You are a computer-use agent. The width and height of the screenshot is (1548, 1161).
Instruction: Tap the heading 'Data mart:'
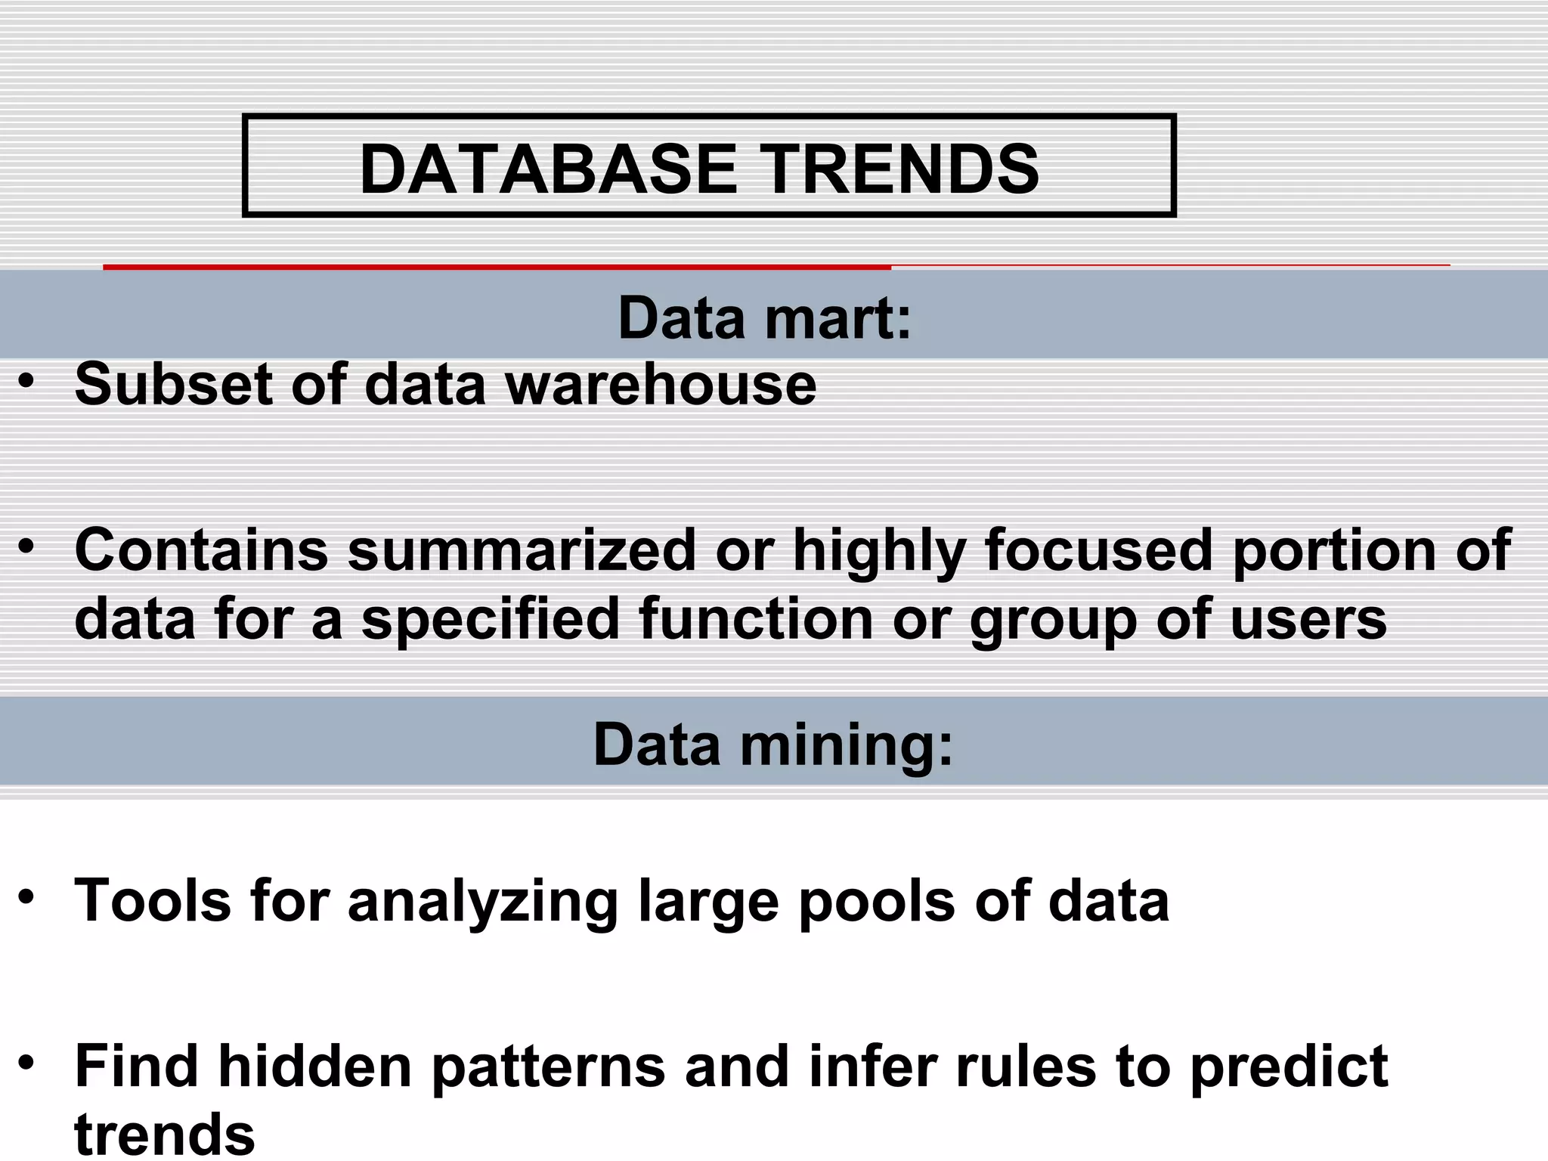tap(765, 318)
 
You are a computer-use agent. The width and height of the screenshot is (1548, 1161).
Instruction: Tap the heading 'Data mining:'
tap(773, 745)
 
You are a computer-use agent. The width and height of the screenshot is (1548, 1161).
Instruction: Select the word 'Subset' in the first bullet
tap(173, 384)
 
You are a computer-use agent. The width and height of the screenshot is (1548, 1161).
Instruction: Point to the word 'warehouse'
tap(661, 384)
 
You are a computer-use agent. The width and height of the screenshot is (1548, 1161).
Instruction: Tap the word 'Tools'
tap(152, 900)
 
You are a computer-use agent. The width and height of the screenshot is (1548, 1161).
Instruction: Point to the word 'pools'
tap(877, 902)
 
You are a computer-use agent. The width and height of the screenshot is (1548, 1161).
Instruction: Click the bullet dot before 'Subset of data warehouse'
tap(27, 381)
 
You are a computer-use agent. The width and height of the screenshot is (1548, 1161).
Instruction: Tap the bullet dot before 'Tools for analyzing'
tap(27, 897)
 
